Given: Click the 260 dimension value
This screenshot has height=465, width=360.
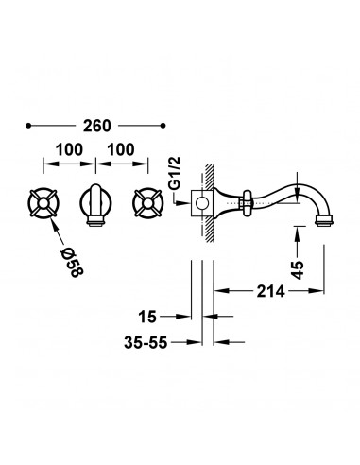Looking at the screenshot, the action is [x=97, y=126].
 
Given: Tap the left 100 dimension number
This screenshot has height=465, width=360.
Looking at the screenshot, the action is [x=69, y=149].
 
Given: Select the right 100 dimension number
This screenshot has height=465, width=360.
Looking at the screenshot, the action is [x=121, y=149].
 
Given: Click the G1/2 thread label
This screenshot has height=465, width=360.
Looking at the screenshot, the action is [x=175, y=173].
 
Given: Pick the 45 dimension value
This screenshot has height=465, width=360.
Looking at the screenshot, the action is [x=298, y=269].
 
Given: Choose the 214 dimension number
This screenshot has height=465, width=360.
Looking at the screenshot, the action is [x=270, y=291].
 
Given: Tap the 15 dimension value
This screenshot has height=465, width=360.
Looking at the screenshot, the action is [x=147, y=317].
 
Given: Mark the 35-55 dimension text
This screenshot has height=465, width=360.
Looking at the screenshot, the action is [x=146, y=342].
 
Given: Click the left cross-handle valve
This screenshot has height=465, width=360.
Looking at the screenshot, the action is [x=43, y=203].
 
